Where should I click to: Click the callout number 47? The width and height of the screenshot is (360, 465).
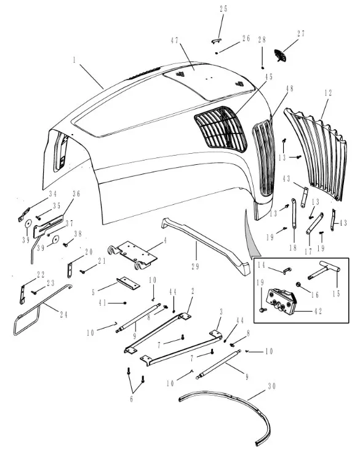pyautogui.click(x=175, y=41)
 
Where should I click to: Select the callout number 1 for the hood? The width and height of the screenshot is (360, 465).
pyautogui.click(x=74, y=60)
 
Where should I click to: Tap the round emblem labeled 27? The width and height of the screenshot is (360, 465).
pyautogui.click(x=280, y=55)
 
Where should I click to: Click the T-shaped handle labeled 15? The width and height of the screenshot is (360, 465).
pyautogui.click(x=324, y=270)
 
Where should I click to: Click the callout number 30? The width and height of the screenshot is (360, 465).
pyautogui.click(x=272, y=386)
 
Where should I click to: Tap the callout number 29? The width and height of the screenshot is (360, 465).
pyautogui.click(x=195, y=266)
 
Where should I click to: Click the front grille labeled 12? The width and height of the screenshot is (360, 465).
pyautogui.click(x=316, y=155)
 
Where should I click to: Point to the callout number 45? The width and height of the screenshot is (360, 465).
pyautogui.click(x=269, y=77)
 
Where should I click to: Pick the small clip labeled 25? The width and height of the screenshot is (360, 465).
pyautogui.click(x=216, y=41)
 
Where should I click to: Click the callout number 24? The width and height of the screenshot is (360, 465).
pyautogui.click(x=63, y=314)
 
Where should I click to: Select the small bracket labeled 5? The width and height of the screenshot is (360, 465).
pyautogui.click(x=128, y=283)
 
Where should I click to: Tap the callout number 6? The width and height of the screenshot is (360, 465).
pyautogui.click(x=132, y=399)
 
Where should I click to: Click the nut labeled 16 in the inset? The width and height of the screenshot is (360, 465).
pyautogui.click(x=298, y=285)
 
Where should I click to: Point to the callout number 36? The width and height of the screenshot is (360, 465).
pyautogui.click(x=76, y=194)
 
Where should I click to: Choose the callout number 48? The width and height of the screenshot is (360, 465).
pyautogui.click(x=290, y=89)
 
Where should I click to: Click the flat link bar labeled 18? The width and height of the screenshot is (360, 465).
pyautogui.click(x=294, y=213)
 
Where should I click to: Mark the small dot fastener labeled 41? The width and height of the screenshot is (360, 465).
pyautogui.click(x=125, y=303)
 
